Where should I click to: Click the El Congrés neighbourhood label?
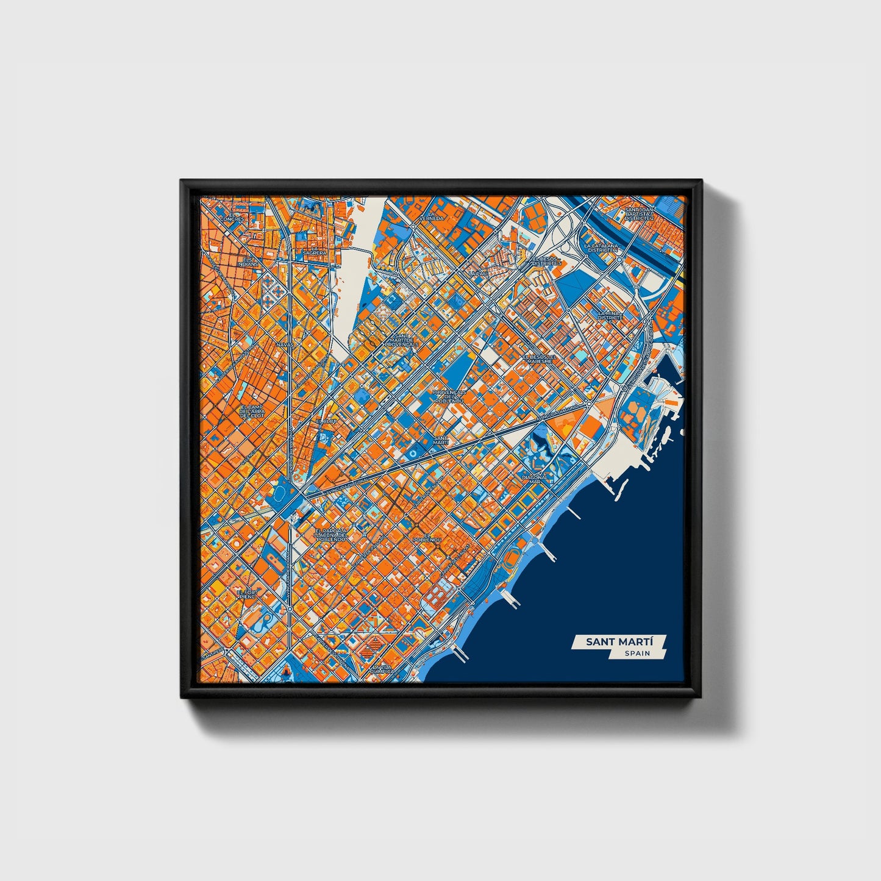coord(232,216)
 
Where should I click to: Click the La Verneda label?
coord(435,216)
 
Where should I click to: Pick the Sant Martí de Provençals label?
coord(401,340)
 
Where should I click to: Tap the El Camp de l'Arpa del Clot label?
coord(251,411)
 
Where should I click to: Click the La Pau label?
coord(480,273)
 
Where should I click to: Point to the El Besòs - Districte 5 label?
coord(546,260)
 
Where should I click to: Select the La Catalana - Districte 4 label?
coord(601,248)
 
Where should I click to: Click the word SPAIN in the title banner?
coord(637,653)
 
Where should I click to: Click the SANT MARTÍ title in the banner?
coord(619,641)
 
